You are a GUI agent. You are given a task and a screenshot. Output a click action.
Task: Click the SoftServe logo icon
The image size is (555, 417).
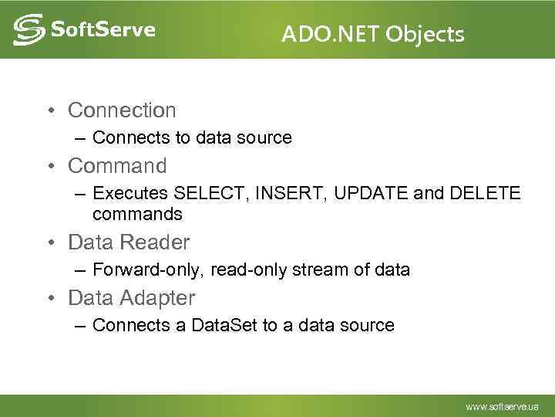tap(29, 31)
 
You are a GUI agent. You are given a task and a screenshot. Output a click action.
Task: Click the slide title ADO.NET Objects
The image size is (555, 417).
tap(372, 34)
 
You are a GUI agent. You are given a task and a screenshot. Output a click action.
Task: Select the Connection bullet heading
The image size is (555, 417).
tap(122, 110)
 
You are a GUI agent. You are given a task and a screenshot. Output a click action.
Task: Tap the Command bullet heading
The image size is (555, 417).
tap(117, 166)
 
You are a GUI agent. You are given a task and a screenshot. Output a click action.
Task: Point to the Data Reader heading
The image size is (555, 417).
tap(129, 242)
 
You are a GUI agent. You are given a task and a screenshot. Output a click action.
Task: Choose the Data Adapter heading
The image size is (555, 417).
tap(131, 297)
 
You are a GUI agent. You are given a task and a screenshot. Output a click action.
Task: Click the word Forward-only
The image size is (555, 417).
tap(140, 270)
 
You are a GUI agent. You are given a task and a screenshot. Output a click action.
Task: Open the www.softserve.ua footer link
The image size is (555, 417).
tap(502, 405)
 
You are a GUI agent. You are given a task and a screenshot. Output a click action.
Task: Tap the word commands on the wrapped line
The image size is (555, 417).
tap(137, 214)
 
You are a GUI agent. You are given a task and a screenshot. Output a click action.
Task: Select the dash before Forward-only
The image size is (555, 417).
tap(80, 270)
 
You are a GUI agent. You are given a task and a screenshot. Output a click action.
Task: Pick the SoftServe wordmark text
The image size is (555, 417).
tap(103, 30)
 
